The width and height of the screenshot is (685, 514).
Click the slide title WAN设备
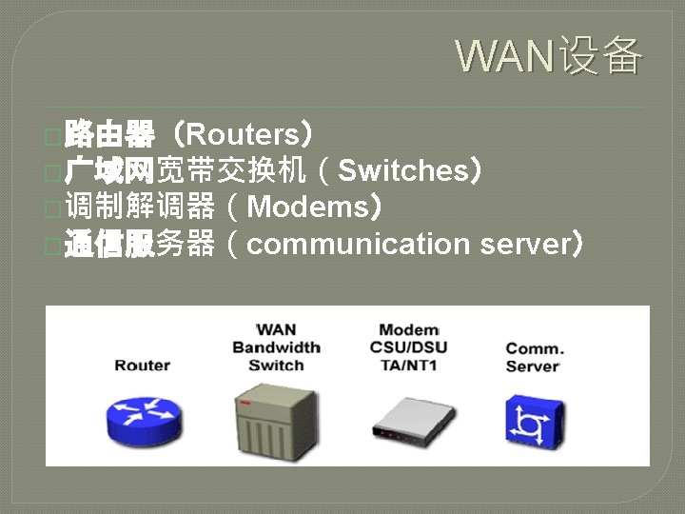click(x=549, y=56)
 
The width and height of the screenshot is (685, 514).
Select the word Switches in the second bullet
click(x=401, y=171)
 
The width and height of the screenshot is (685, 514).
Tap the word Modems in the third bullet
click(x=306, y=208)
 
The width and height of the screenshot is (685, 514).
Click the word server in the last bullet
click(x=522, y=245)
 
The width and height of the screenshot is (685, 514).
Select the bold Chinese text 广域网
click(x=109, y=171)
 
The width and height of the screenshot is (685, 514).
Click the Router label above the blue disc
click(x=142, y=366)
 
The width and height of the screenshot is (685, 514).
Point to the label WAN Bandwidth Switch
click(x=276, y=347)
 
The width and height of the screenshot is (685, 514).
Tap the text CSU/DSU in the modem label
click(x=408, y=347)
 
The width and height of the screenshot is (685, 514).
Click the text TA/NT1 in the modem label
click(x=408, y=366)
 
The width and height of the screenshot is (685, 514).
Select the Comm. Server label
click(x=534, y=357)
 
